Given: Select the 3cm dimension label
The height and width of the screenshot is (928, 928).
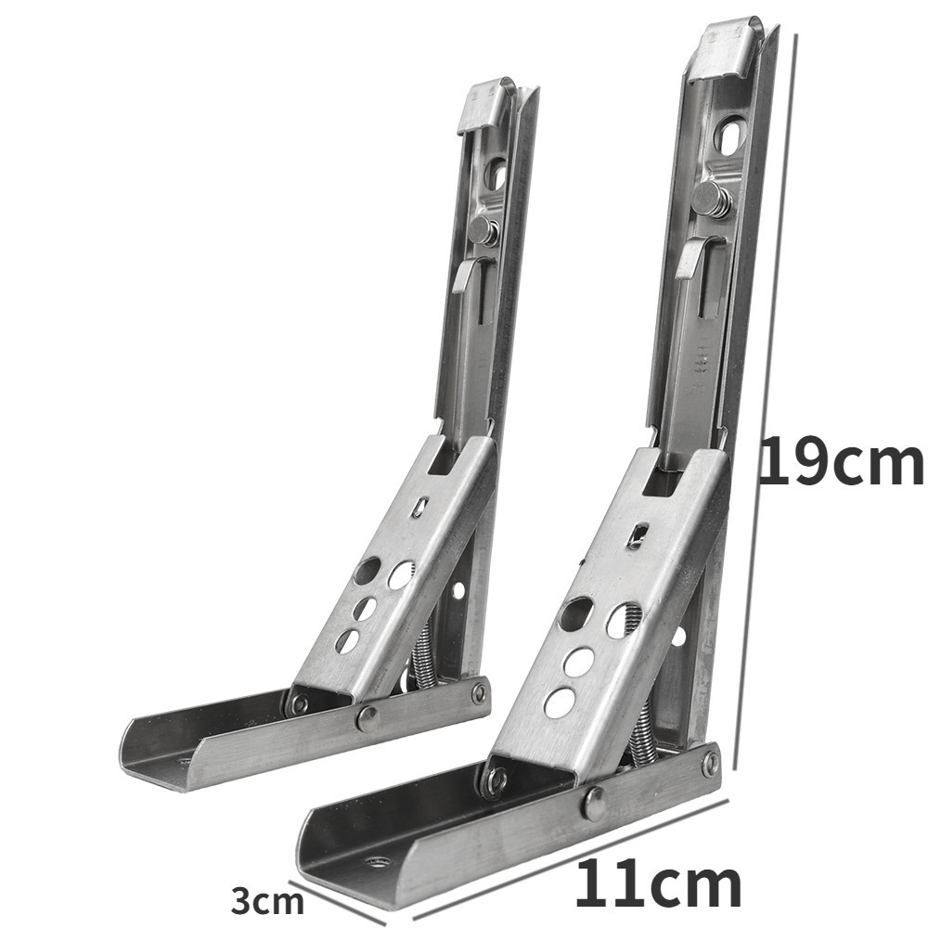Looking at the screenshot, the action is pos(267,902).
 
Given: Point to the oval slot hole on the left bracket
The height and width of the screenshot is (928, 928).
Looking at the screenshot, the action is pos(495,173).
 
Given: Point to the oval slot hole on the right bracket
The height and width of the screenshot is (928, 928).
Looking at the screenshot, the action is pos(731,135).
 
